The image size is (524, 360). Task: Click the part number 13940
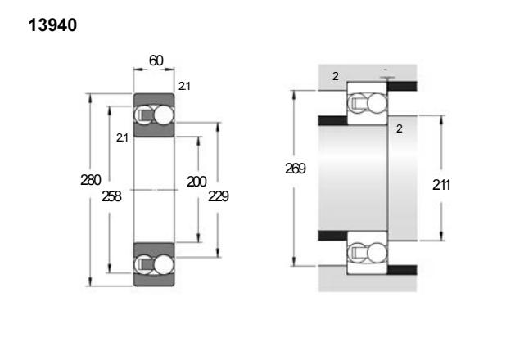(x=52, y=25)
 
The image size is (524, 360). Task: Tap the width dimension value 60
(x=156, y=61)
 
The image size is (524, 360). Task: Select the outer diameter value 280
(x=91, y=180)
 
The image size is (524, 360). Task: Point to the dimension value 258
(x=111, y=196)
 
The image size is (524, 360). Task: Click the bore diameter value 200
(x=196, y=182)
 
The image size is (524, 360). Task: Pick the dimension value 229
(x=219, y=196)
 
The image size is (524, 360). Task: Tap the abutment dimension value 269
(x=296, y=169)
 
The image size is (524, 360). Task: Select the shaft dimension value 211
(x=441, y=185)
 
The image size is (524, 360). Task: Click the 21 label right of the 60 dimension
(x=184, y=86)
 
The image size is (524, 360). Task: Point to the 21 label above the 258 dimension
(x=122, y=137)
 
